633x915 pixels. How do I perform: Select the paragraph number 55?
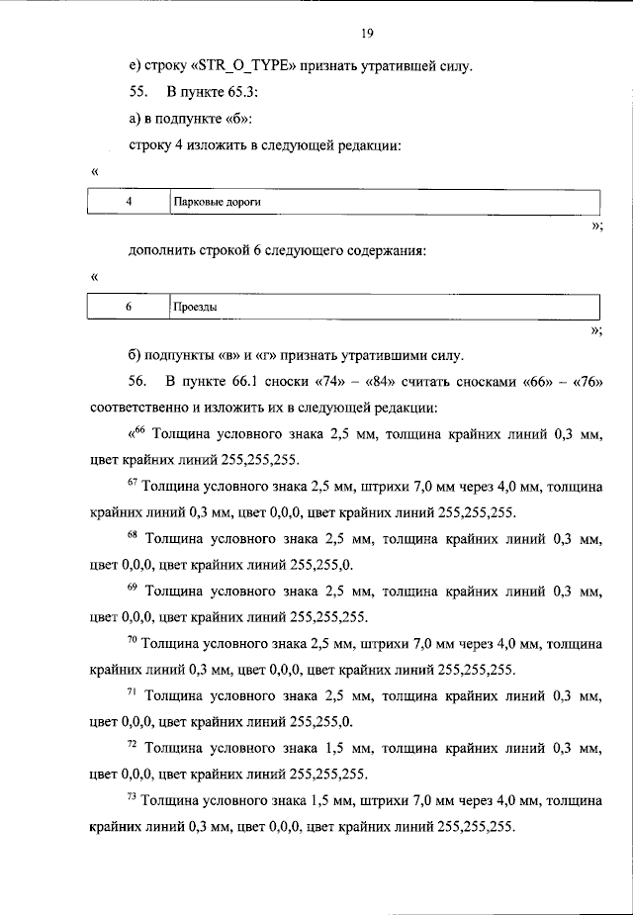tap(137, 94)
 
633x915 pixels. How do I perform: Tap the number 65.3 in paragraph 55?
tap(245, 94)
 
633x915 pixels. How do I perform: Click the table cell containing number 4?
tap(129, 201)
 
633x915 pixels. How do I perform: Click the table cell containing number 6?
tap(129, 307)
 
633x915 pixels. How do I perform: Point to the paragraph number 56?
tap(137, 381)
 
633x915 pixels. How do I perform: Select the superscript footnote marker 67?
tap(134, 483)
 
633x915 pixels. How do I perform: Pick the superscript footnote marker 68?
tap(134, 535)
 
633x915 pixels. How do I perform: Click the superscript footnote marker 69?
tap(134, 588)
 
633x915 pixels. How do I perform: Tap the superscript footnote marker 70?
tap(134, 640)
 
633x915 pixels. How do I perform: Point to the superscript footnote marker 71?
tap(134, 692)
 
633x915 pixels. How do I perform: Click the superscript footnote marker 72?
tap(134, 745)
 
